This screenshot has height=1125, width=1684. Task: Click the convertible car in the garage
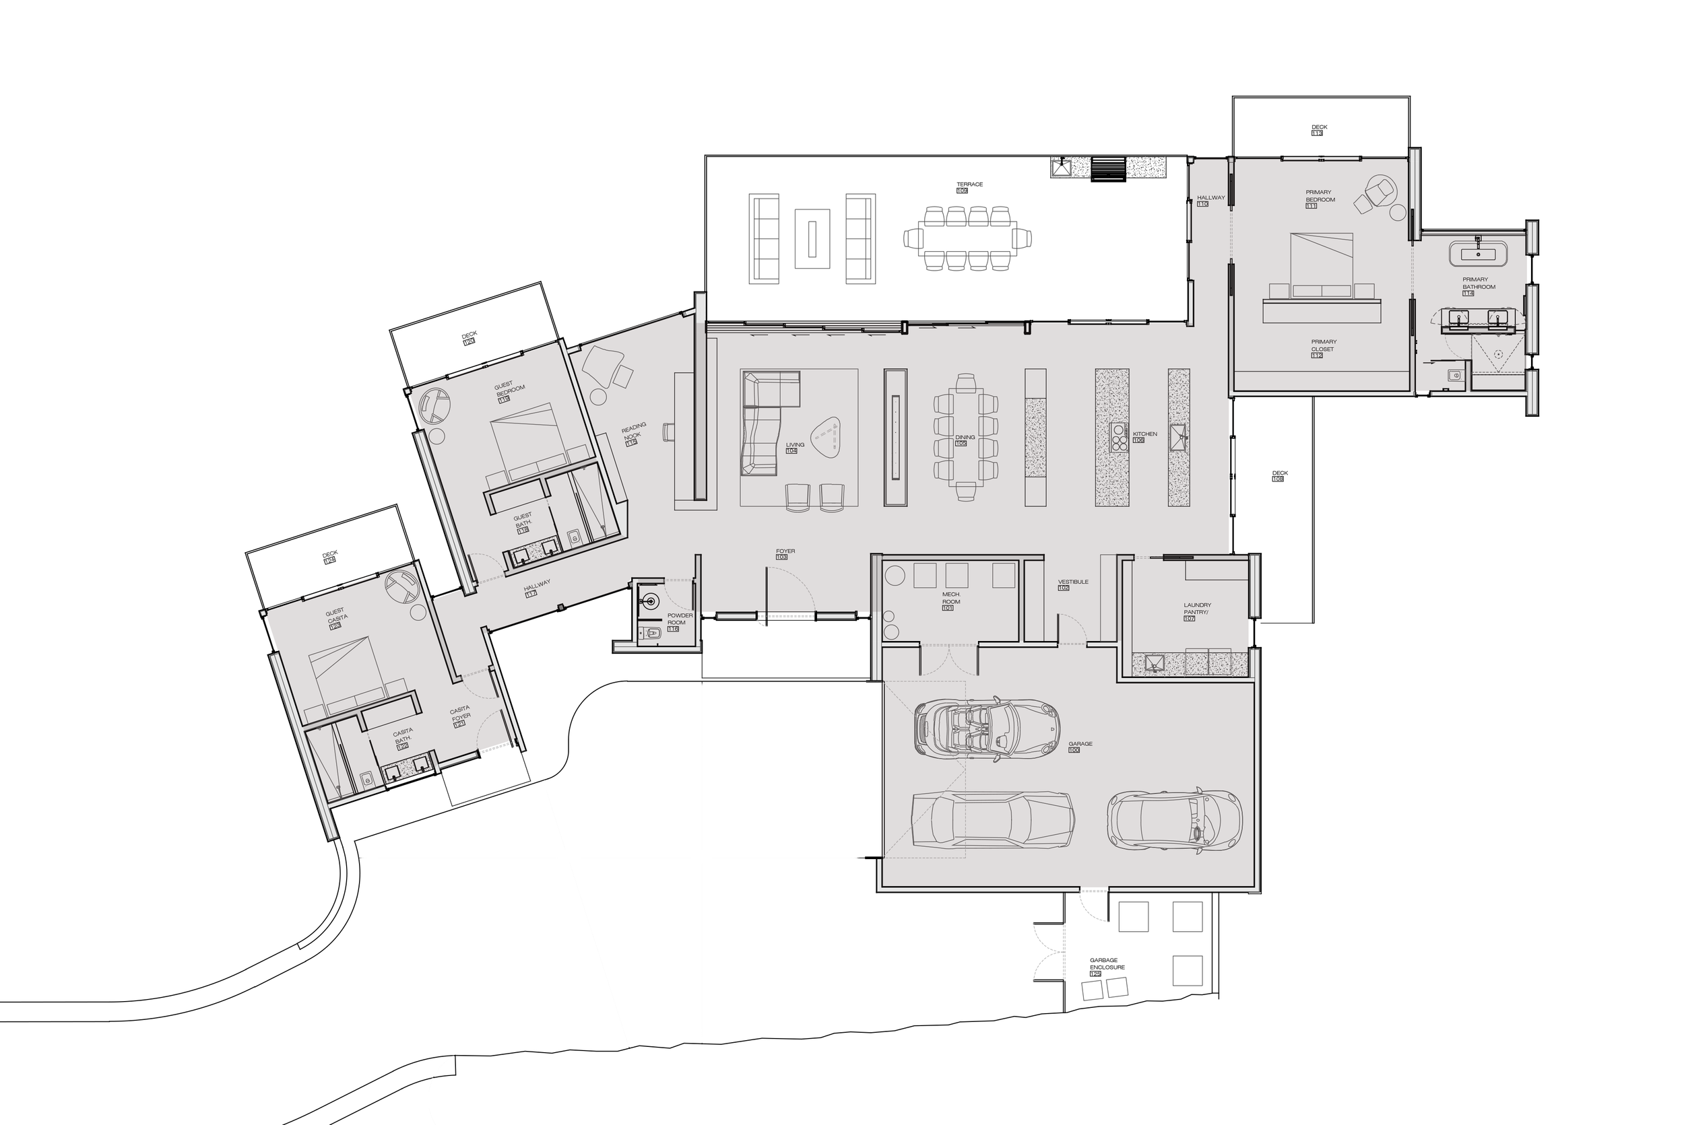(x=987, y=729)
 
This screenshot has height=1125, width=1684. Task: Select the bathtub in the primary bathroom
(x=1477, y=254)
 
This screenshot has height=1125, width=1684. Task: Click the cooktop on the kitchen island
(x=1118, y=437)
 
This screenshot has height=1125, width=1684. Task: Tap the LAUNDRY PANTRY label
(x=1196, y=609)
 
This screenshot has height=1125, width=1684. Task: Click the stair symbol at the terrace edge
(x=1107, y=168)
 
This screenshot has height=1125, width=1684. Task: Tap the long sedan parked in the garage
(x=992, y=820)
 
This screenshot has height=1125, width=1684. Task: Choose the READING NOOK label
(x=633, y=433)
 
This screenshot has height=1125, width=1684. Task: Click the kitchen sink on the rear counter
(x=1178, y=436)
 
